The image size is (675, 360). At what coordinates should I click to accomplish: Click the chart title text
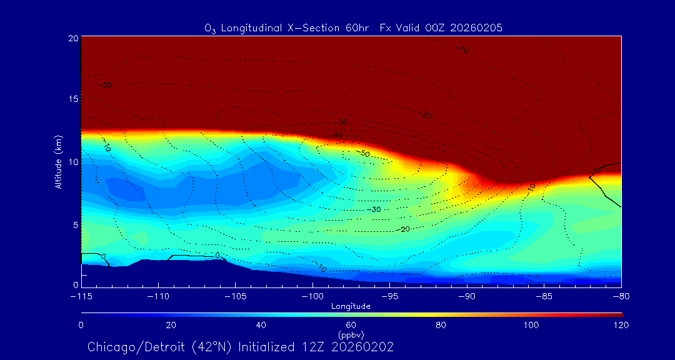point(353,28)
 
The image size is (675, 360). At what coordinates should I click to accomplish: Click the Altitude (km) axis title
point(58,161)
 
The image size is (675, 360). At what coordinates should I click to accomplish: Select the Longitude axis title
point(351,306)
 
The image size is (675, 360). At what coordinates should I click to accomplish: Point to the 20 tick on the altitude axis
point(72,38)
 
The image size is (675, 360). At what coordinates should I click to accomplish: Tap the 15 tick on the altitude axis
point(72,99)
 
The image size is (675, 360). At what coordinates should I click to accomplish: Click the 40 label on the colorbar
point(261,325)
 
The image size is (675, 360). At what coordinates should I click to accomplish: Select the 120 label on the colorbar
point(621,325)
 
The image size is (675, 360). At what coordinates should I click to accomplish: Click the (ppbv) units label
point(351,335)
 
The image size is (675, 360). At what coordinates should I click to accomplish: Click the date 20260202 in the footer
point(364,347)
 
